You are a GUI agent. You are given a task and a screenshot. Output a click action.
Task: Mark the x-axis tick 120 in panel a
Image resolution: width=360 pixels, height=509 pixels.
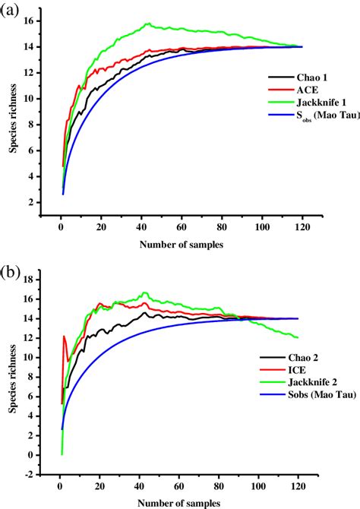pyautogui.click(x=302, y=224)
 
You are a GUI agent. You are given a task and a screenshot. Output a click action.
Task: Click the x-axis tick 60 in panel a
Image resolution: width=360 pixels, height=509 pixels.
pyautogui.click(x=181, y=224)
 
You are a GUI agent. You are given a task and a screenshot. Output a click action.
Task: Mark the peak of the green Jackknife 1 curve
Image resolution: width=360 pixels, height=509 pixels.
pyautogui.click(x=147, y=24)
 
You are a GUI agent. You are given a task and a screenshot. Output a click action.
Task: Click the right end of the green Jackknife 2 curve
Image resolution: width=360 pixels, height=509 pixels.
pyautogui.click(x=298, y=337)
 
